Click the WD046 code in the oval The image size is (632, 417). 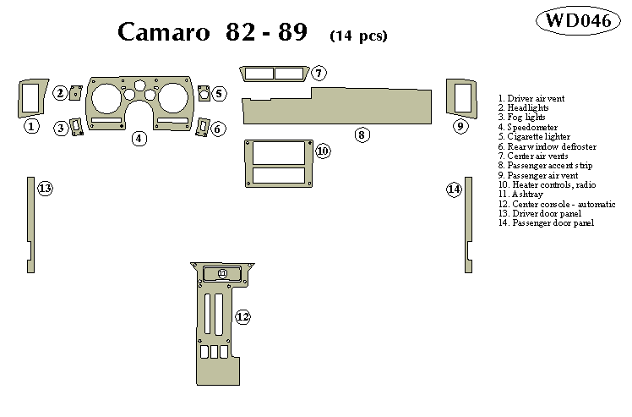[578, 21]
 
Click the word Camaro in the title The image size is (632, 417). [165, 32]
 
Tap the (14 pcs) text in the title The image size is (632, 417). [358, 36]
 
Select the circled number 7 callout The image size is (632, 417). [318, 74]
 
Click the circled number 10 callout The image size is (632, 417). [322, 151]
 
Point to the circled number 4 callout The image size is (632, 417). [139, 138]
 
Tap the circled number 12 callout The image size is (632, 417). [243, 317]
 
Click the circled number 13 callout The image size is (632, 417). [45, 189]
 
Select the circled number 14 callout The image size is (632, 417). [454, 189]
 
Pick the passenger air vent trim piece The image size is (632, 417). [461, 97]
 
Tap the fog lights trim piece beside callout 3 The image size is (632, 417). [77, 127]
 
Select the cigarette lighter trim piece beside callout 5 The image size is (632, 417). [204, 93]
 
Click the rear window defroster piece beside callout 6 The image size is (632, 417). [203, 128]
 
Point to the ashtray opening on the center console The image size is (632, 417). [222, 273]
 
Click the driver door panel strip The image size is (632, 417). [30, 224]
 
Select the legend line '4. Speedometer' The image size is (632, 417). [528, 127]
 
